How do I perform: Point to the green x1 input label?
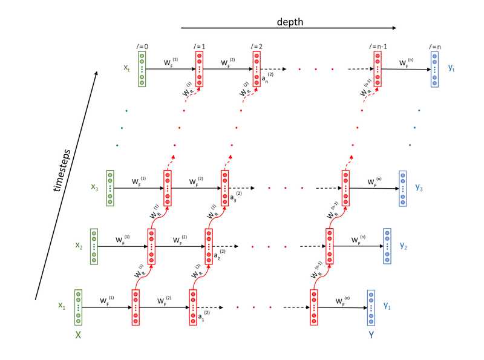click(x=61, y=306)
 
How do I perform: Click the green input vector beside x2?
click(x=94, y=247)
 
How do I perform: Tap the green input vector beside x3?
click(x=110, y=188)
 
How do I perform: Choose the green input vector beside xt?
click(x=142, y=68)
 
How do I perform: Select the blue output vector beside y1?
click(x=371, y=307)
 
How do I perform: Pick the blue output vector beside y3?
click(x=403, y=188)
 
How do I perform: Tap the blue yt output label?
click(x=451, y=69)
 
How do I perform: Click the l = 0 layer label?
click(x=143, y=46)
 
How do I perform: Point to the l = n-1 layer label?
click(x=378, y=46)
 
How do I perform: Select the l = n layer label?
click(x=434, y=46)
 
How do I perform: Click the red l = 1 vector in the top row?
click(x=199, y=68)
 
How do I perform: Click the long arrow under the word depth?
click(x=289, y=28)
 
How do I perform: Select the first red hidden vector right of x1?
click(x=136, y=307)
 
